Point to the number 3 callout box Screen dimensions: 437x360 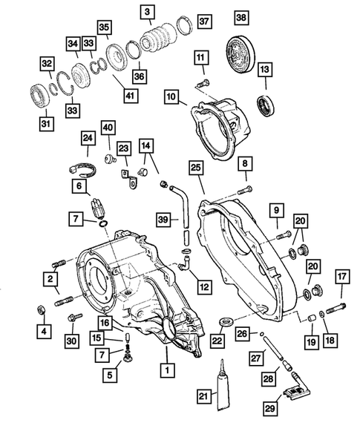148,11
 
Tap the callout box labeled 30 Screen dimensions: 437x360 71,341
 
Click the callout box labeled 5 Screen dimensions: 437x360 110,375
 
